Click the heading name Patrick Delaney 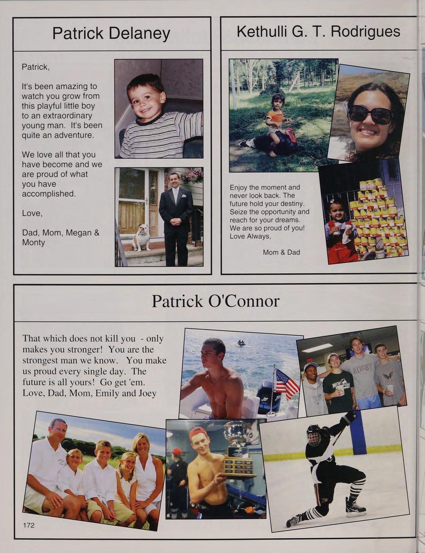point(111,33)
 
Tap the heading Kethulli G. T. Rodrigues point(318,32)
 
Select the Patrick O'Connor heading point(215,301)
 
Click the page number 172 point(29,525)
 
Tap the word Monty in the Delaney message point(33,242)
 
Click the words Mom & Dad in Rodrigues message point(281,252)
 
